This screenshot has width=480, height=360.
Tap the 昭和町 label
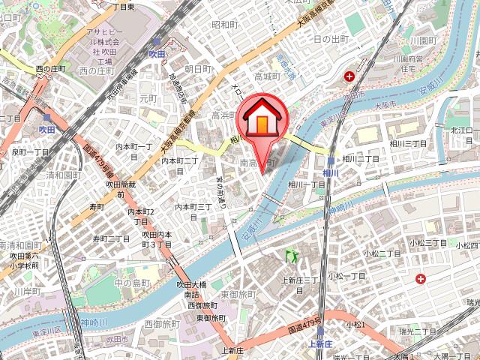[224, 25]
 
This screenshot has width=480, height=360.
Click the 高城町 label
[266, 76]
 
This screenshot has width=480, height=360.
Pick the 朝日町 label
[199, 68]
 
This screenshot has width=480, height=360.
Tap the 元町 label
[148, 98]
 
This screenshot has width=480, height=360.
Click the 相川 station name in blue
[331, 174]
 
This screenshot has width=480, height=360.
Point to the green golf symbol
[291, 256]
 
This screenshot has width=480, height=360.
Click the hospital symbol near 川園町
[349, 76]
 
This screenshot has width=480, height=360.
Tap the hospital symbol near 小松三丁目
[421, 279]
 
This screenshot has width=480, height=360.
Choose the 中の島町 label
[132, 283]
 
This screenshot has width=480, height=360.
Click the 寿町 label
[96, 206]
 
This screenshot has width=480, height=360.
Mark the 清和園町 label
[62, 175]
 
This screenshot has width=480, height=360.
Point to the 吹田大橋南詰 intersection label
[190, 289]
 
